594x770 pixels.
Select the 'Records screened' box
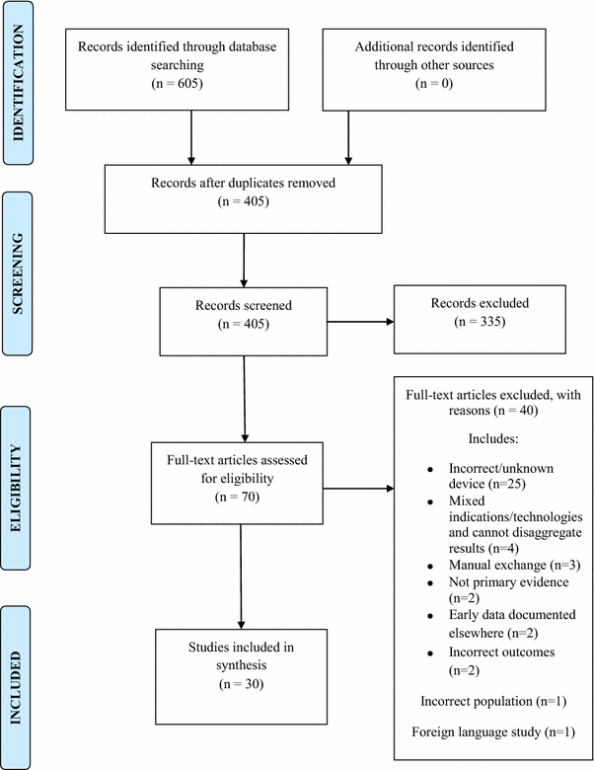[244, 321]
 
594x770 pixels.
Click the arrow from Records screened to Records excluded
[359, 322]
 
